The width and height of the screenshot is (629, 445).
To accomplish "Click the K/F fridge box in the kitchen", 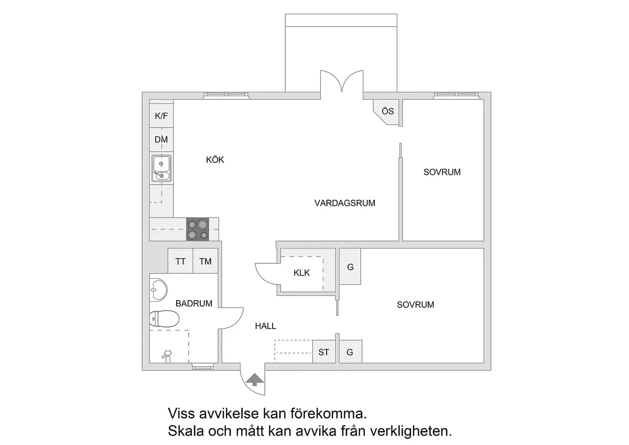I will pos(161,115).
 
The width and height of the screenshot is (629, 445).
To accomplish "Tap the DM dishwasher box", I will pos(161,140).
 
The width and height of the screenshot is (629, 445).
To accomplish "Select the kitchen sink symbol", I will pos(161,168).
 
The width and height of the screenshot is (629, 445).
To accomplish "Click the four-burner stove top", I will pos(198,229).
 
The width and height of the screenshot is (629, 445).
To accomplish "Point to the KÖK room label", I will pos(215,160).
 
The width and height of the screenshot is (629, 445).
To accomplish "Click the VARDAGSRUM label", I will pos(345,203).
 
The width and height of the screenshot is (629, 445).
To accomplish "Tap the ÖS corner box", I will pos(387,112).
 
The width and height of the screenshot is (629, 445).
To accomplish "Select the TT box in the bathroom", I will pos(180,261).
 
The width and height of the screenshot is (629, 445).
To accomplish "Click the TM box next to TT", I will pos(205,261).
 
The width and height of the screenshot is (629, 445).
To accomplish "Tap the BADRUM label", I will pos(194,303).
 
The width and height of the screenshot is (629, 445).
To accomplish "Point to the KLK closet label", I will pos(301,272).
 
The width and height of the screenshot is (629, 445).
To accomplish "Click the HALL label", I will pos(266,326).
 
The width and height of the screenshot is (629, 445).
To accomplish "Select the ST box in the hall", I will pos(324,352).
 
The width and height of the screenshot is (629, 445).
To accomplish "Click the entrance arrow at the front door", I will pos(254,379).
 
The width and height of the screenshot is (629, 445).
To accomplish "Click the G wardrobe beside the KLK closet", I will pos(350,267).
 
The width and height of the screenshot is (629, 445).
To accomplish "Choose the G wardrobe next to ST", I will pos(350,352).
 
